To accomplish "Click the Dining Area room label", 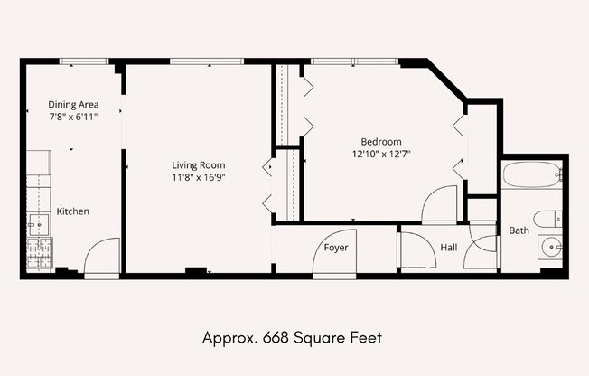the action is pos(73,104).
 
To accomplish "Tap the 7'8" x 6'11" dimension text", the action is pos(73,117).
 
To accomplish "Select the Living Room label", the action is pos(199,165).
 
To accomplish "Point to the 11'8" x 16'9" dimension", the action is pos(199,177).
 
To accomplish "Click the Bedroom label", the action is pos(381,142).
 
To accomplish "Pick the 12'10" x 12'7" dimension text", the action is pos(381,154).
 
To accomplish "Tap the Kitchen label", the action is pos(73,211).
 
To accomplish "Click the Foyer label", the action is pos(336,248).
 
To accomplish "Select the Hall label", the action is pos(449,248).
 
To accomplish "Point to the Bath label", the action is pos(519,230).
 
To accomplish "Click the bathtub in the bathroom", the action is pos(532,174).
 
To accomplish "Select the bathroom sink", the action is pos(550,247).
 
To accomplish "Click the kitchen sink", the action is pos(39,225).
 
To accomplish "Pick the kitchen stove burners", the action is pos(40,253).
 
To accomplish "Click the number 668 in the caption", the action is pos(276,338).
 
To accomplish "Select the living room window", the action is pos(207,61).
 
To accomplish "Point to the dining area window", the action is pos(84,61).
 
